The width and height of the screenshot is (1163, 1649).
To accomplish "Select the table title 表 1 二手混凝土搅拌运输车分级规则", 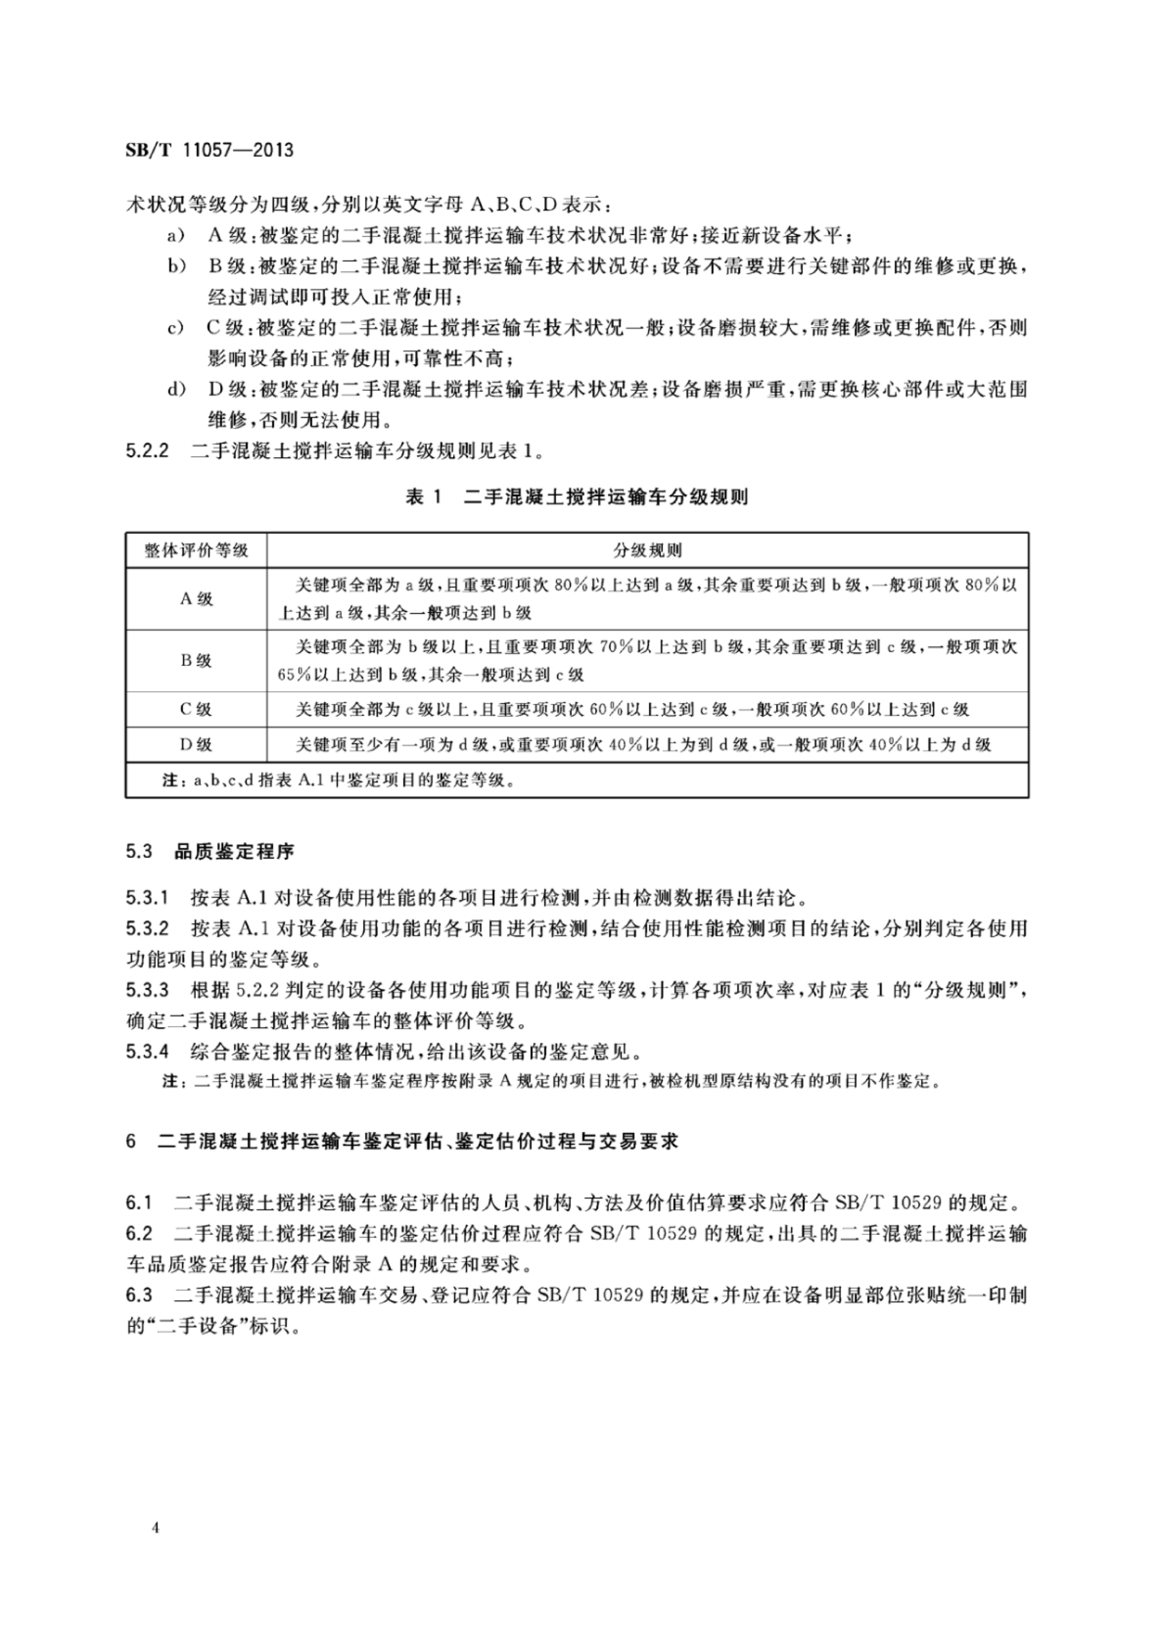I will click(576, 496).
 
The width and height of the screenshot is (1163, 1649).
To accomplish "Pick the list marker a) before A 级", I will click(176, 236).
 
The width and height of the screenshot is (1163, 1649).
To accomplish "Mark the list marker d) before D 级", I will click(176, 390).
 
